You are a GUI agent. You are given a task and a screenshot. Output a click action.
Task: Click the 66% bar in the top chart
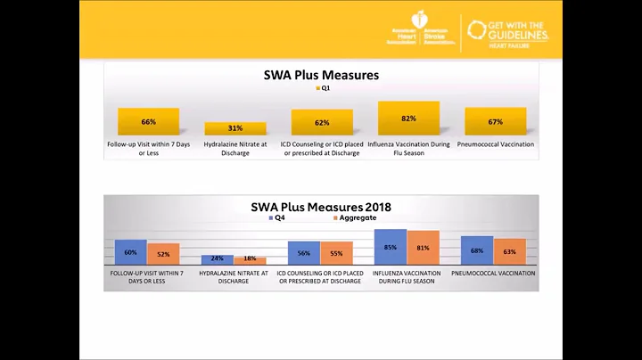pyautogui.click(x=148, y=121)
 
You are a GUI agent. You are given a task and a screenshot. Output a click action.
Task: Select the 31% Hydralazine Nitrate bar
pyautogui.click(x=235, y=128)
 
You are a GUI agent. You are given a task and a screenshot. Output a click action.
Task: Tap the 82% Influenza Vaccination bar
pyautogui.click(x=408, y=118)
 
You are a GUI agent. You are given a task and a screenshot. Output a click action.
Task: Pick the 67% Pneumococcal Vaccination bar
pyautogui.click(x=495, y=121)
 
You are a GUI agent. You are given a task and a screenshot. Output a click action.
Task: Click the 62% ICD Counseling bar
pyautogui.click(x=322, y=122)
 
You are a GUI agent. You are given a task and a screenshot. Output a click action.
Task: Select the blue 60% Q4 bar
pyautogui.click(x=130, y=252)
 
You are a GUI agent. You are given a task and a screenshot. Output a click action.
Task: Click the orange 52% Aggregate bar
pyautogui.click(x=163, y=254)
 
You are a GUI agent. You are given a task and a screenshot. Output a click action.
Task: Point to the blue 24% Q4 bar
pyautogui.click(x=217, y=259)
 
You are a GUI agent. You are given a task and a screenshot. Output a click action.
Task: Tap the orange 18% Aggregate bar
pyautogui.click(x=250, y=260)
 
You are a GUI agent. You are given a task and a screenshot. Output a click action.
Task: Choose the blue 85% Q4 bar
pyautogui.click(x=390, y=247)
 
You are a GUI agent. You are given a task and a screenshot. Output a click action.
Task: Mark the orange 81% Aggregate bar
pyautogui.click(x=423, y=248)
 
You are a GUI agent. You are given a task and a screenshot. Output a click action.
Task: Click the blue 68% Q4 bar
pyautogui.click(x=477, y=250)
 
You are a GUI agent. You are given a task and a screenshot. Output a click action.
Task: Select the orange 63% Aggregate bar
pyautogui.click(x=509, y=251)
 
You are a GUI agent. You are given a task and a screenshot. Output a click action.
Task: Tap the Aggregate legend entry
pyautogui.click(x=357, y=217)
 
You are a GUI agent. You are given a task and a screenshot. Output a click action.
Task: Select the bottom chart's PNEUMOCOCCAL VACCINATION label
pyautogui.click(x=493, y=274)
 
